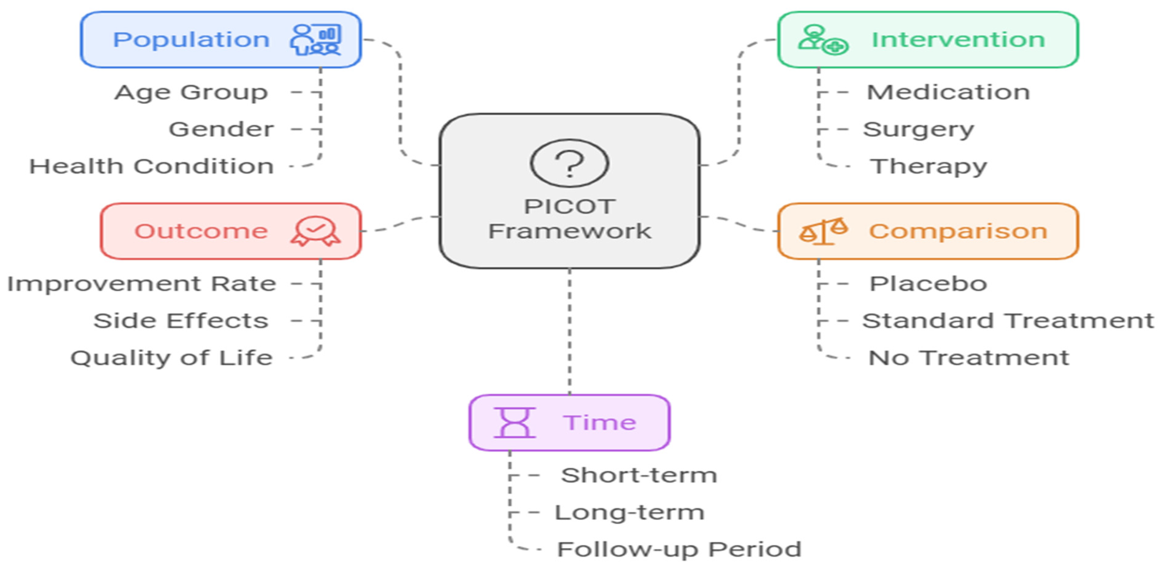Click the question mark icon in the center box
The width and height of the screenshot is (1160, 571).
[569, 163]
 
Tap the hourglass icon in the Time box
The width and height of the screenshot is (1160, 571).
[515, 422]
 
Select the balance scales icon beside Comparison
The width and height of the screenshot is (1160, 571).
[823, 231]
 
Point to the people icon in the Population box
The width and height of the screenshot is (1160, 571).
[315, 40]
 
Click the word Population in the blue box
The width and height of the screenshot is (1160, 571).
[191, 40]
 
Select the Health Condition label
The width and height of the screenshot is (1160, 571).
[151, 166]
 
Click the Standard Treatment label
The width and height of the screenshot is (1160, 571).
[1008, 321]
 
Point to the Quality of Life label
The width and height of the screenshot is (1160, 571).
[172, 358]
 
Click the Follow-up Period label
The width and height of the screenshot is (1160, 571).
[679, 549]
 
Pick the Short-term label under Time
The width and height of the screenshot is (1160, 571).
[639, 475]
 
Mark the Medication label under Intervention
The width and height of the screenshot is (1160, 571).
[948, 92]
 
